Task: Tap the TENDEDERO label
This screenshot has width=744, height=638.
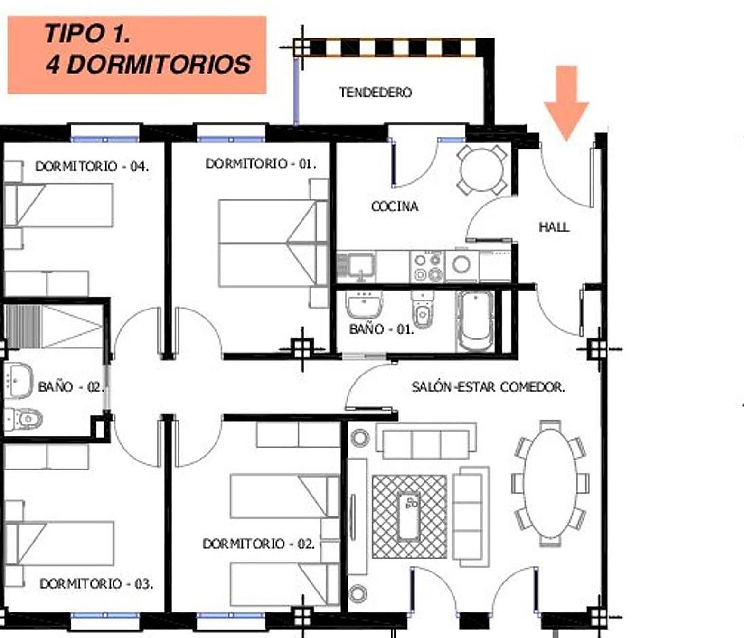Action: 376,93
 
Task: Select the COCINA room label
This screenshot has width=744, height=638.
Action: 395,206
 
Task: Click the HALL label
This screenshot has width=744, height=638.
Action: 554,227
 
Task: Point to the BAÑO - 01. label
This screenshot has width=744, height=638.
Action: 382,329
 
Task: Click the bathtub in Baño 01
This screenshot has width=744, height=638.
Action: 475,321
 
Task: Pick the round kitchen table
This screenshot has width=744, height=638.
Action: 482,170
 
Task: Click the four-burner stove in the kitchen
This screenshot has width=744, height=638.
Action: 427,267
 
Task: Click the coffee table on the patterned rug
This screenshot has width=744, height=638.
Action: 409,517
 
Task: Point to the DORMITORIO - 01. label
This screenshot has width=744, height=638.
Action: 261,164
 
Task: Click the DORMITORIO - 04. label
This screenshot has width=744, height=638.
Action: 92,167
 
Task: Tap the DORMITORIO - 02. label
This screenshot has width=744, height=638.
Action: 258,544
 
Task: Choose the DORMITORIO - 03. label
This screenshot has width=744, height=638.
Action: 96,584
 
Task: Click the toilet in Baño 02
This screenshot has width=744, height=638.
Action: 23,419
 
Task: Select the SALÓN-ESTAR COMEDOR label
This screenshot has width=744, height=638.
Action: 488,387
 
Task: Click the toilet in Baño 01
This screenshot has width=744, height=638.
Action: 423,310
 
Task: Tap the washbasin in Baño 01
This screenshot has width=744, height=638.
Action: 364,304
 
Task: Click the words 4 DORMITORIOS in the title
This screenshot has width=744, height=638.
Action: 148,65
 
